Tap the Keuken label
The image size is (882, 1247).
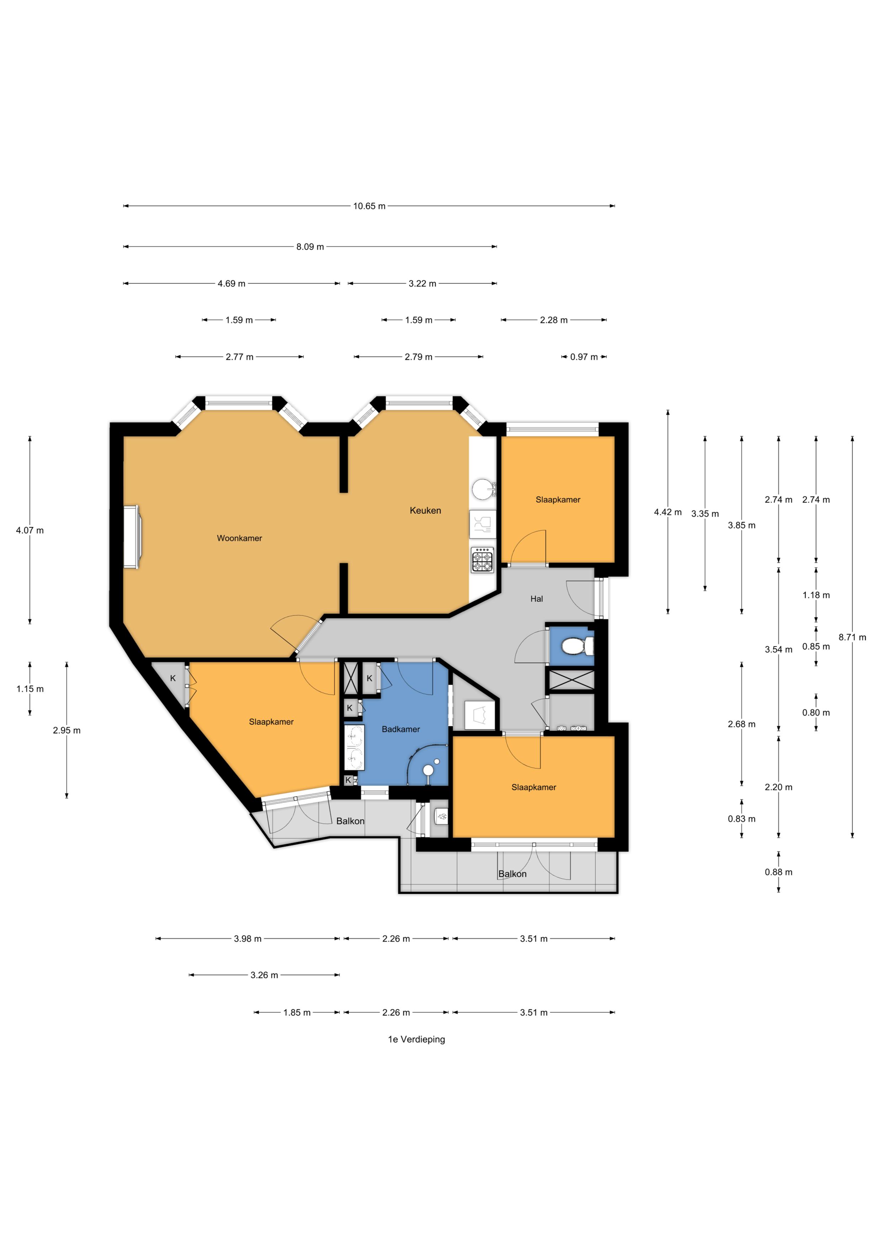425,510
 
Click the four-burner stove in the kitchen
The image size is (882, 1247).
483,560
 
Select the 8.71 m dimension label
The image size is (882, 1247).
852,637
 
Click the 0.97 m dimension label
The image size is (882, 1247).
584,357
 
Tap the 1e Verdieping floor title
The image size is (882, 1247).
416,1039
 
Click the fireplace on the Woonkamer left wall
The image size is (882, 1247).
132,537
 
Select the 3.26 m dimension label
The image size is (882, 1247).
264,975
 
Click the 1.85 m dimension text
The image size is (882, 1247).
297,1012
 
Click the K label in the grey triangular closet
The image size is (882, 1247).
173,678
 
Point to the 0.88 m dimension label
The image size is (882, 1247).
778,872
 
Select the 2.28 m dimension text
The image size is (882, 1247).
553,320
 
